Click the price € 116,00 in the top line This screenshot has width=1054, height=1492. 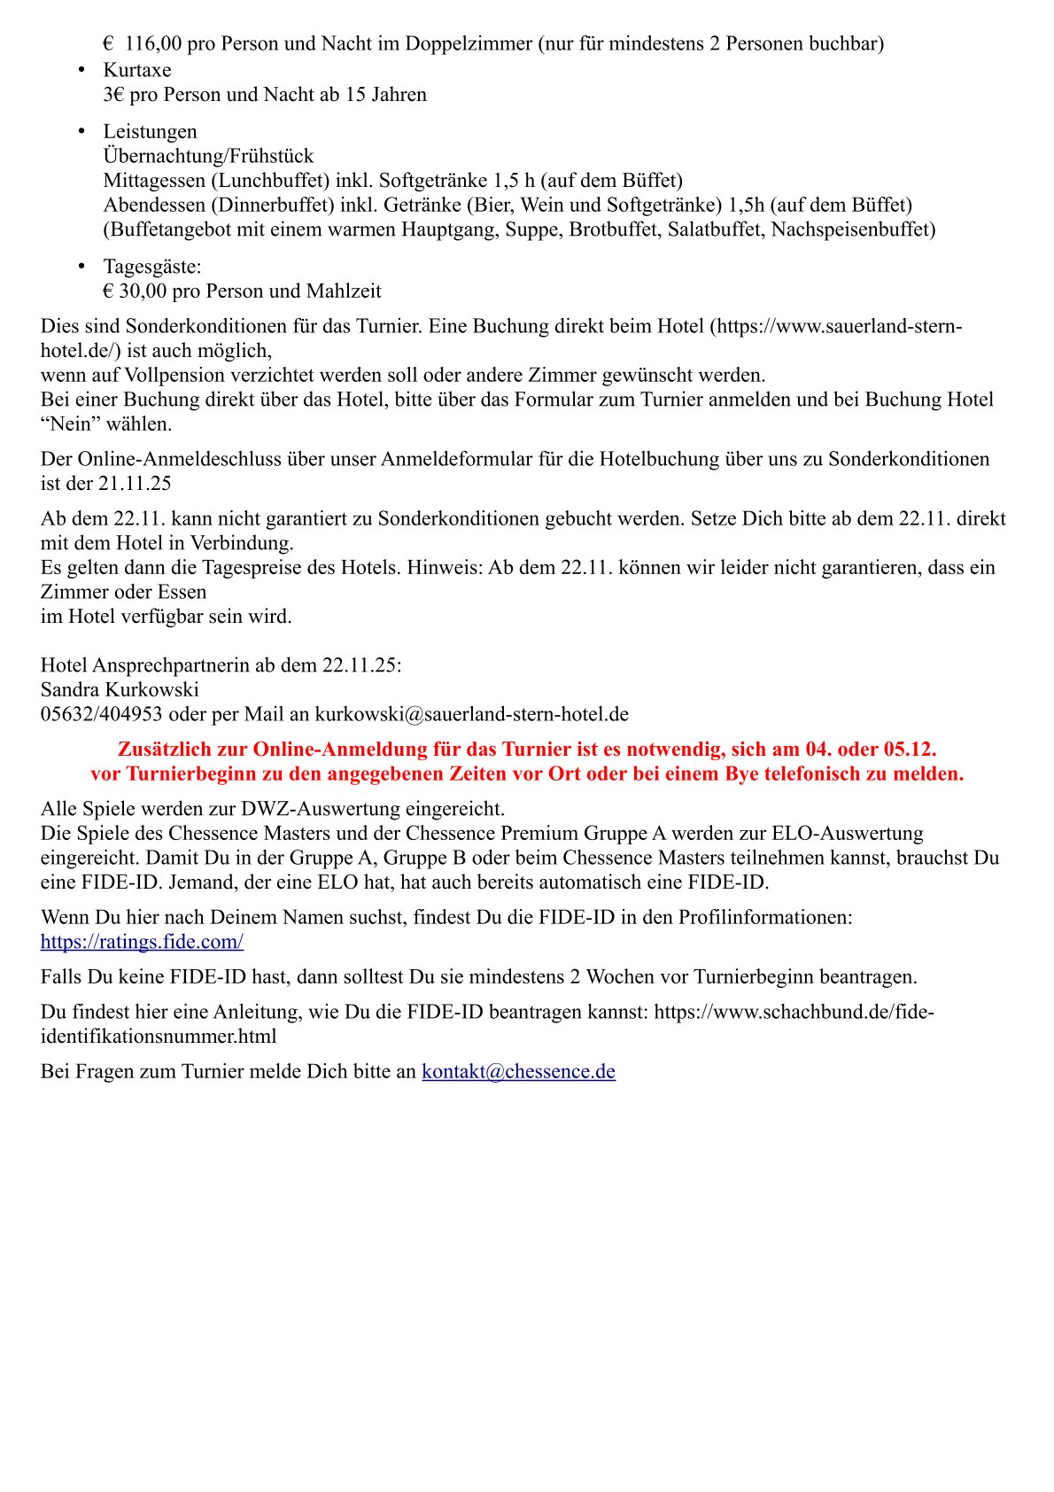click(143, 43)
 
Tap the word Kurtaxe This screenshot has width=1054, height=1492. click(137, 70)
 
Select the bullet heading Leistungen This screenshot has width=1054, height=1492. click(150, 132)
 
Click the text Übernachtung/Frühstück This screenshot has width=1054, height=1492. click(208, 156)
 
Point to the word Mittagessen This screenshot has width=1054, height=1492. click(153, 181)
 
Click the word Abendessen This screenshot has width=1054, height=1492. click(153, 206)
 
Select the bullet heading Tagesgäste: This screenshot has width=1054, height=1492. click(152, 267)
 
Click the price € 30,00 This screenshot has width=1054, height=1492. click(135, 291)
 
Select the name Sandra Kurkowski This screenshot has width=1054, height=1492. click(120, 690)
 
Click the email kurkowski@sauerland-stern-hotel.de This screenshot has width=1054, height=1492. click(471, 715)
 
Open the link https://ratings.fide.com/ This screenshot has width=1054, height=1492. click(142, 942)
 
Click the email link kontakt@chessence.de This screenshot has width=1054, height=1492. click(518, 1072)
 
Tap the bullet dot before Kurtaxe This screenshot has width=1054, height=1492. click(81, 69)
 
